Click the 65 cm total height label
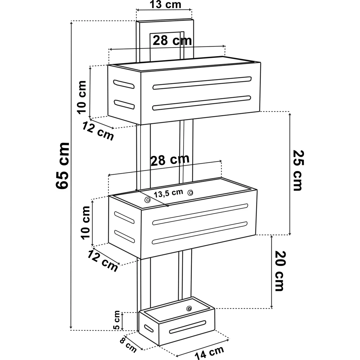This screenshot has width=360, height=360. pos(62,166)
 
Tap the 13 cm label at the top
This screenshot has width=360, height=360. pos(165,4)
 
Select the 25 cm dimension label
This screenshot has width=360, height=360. pos(298,170)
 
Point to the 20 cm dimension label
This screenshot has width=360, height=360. pos(280,271)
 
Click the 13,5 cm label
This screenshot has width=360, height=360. pos(168,193)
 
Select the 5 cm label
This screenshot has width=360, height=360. pos(117,320)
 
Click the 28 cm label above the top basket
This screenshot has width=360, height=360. pos(172,40)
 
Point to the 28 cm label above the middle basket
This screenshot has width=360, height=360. pos(170,160)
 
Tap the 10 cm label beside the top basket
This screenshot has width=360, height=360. pos(82,97)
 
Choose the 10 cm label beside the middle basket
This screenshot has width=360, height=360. pos(85,223)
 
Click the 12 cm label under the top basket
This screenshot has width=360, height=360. pos(98,131)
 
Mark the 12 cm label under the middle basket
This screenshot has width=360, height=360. pos(103,261)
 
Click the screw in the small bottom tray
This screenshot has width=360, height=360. pos(189,308)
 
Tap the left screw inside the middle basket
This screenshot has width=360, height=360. pos(147,200)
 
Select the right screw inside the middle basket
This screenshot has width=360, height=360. pos(190,193)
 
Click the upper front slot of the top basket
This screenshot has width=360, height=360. pos(202,83)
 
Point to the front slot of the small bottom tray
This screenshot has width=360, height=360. pos(188,327)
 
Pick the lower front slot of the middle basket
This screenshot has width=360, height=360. pos(200,233)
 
